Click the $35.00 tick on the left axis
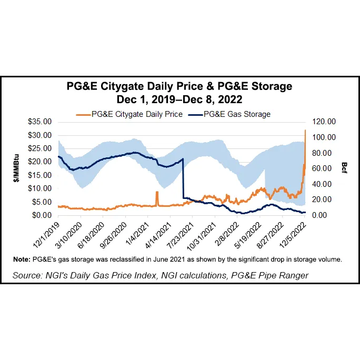(40, 122)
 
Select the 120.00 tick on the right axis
(324, 122)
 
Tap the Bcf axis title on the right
(344, 168)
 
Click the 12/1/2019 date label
(47, 235)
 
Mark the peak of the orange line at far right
(305, 130)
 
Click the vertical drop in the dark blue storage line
(183, 179)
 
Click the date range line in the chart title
(179, 98)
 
